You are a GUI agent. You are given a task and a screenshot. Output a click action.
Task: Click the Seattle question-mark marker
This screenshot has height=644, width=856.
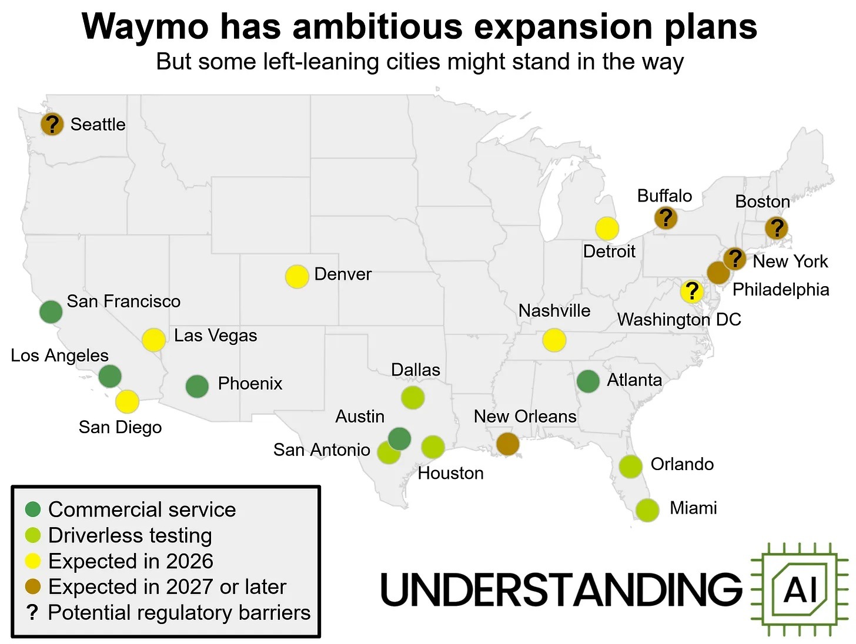pos(52,125)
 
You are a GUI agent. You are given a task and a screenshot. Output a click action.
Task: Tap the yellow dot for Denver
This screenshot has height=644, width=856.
pos(297,276)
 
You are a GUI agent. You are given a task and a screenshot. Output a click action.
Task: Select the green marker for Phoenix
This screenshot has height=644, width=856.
pos(197,386)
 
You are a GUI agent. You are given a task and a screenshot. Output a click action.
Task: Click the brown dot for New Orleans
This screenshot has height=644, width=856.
pos(507,444)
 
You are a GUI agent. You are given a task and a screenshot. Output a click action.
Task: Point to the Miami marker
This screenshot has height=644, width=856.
pos(647,510)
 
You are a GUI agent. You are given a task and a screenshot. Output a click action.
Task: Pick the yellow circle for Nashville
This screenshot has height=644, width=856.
pos(554,340)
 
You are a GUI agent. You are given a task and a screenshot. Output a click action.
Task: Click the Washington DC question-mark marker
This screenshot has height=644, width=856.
pos(692,291)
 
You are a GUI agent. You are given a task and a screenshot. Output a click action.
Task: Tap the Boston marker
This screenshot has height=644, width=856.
pos(777,228)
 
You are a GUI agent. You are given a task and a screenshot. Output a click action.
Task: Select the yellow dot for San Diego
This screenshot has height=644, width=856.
pos(127,402)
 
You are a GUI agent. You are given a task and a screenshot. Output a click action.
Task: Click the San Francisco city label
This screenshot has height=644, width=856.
pos(123,301)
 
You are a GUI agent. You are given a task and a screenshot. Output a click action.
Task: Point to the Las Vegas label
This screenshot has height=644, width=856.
pos(215,336)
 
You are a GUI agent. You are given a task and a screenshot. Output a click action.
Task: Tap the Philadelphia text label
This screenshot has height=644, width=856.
pos(781,289)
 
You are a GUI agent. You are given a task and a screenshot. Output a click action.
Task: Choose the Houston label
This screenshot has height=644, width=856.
pos(450,473)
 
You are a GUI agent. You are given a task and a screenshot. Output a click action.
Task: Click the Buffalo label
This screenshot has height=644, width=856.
pos(664,196)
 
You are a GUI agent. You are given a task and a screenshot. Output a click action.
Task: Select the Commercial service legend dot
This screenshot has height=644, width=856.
pos(33,509)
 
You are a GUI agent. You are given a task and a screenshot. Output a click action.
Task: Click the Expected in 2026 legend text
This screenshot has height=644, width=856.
pos(131,561)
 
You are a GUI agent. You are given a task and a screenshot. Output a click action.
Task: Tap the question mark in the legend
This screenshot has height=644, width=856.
pos(33,613)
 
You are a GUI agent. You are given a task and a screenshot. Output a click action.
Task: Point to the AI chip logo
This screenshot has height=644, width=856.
pos(800,588)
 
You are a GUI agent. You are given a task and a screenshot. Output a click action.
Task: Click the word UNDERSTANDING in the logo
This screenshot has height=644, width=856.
pos(561,589)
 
